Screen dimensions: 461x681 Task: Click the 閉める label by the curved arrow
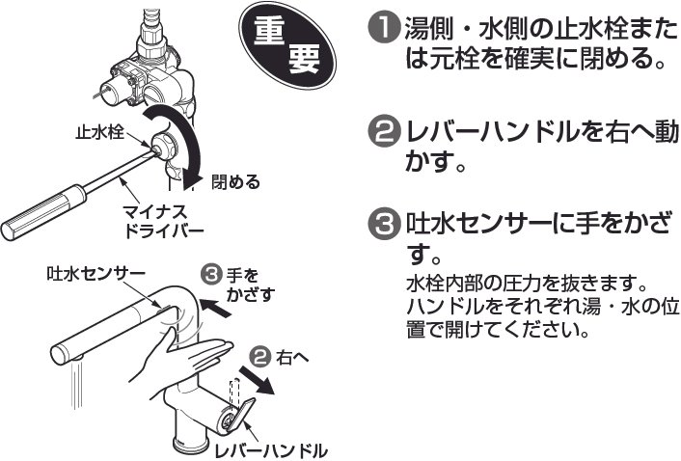[236, 180]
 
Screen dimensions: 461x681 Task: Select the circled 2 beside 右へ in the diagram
[259, 356]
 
